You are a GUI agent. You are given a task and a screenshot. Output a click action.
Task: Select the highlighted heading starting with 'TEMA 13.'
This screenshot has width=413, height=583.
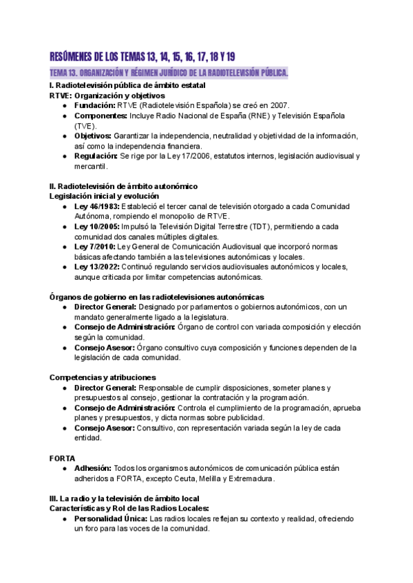[169, 73]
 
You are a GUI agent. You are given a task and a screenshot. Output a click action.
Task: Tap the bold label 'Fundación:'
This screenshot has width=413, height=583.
[94, 105]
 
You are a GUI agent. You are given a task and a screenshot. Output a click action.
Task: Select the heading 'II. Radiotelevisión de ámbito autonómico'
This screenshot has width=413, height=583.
[124, 186]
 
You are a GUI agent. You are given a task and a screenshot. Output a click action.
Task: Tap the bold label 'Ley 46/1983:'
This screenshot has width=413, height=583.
[97, 206]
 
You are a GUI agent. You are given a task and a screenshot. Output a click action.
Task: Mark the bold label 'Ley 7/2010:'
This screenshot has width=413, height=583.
[95, 246]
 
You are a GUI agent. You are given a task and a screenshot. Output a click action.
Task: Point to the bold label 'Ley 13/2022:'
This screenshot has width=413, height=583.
[97, 267]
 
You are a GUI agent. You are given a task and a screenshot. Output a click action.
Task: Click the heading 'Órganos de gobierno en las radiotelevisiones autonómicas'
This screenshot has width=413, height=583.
[157, 296]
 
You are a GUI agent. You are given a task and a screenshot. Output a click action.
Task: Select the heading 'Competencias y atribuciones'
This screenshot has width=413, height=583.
[103, 377]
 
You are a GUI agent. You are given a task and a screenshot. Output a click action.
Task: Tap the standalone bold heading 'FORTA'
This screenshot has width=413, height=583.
[63, 458]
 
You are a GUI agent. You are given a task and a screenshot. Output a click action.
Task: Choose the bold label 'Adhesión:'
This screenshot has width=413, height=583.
[93, 469]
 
